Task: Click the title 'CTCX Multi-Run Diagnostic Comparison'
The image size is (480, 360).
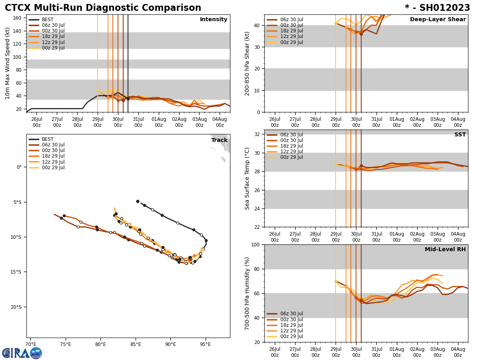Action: pyautogui.click(x=103, y=8)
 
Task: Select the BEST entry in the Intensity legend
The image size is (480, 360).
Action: pyautogui.click(x=47, y=20)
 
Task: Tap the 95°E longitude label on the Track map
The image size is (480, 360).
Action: pyautogui.click(x=206, y=344)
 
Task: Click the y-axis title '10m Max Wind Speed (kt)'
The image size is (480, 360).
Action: pyautogui.click(x=8, y=63)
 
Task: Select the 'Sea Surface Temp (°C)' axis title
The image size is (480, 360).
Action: pyautogui.click(x=247, y=178)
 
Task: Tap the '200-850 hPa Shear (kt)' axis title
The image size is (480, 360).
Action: pyautogui.click(x=247, y=63)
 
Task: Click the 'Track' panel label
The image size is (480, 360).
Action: pyautogui.click(x=219, y=140)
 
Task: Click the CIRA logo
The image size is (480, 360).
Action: pyautogui.click(x=22, y=353)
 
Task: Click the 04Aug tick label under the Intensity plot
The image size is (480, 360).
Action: pyautogui.click(x=220, y=122)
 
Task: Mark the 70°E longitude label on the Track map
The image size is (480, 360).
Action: pyautogui.click(x=30, y=344)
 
